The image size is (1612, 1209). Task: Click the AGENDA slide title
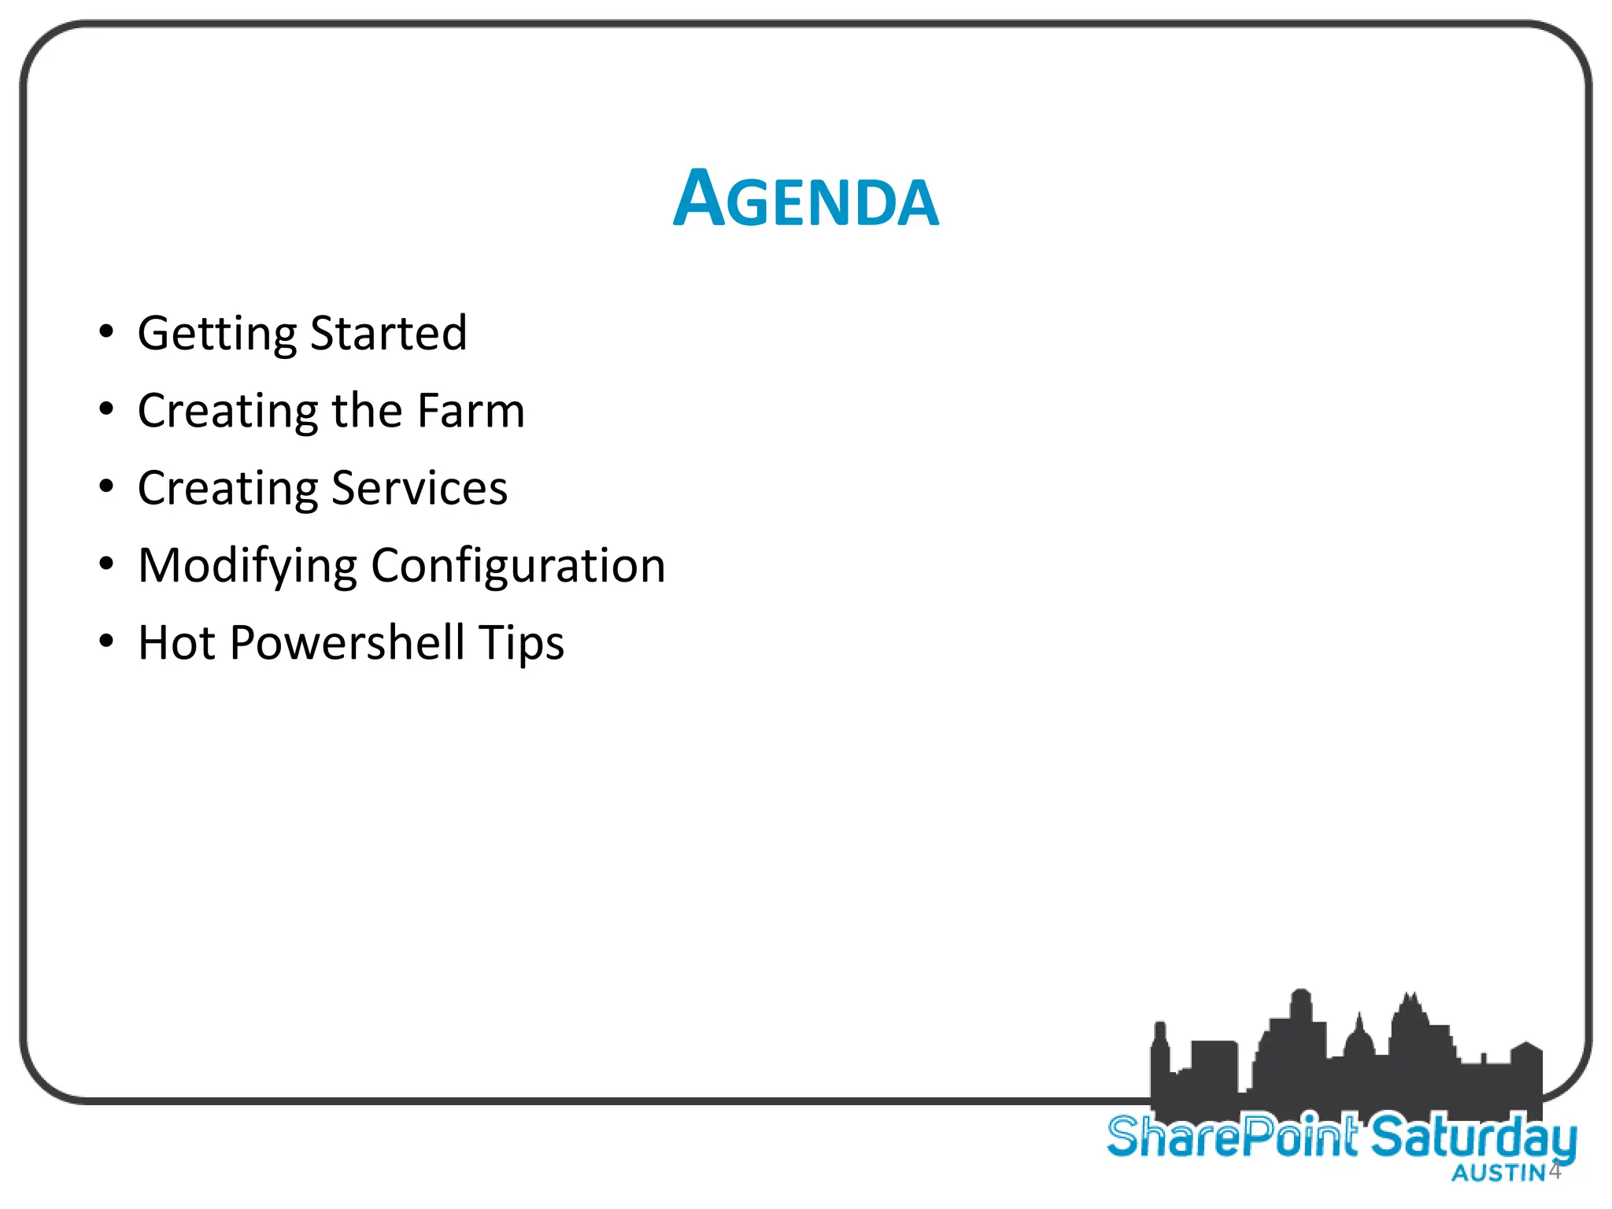pos(806,200)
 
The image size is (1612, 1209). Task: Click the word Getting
pos(216,334)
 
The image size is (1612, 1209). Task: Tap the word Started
pos(389,332)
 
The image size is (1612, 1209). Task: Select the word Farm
pos(471,410)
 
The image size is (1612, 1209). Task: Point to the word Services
pos(420,488)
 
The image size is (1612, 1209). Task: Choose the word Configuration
pos(518,566)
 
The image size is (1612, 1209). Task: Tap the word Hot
pos(176,642)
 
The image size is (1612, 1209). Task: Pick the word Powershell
pos(347,643)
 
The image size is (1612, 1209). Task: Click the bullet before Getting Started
pos(106,331)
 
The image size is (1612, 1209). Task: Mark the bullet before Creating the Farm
pos(106,409)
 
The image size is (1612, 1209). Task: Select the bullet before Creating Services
pos(106,486)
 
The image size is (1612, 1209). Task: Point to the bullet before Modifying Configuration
pos(106,564)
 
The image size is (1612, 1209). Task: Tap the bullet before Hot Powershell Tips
pos(106,641)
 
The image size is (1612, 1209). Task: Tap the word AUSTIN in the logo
pos(1499,1174)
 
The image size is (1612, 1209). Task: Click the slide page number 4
pos(1555,1170)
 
